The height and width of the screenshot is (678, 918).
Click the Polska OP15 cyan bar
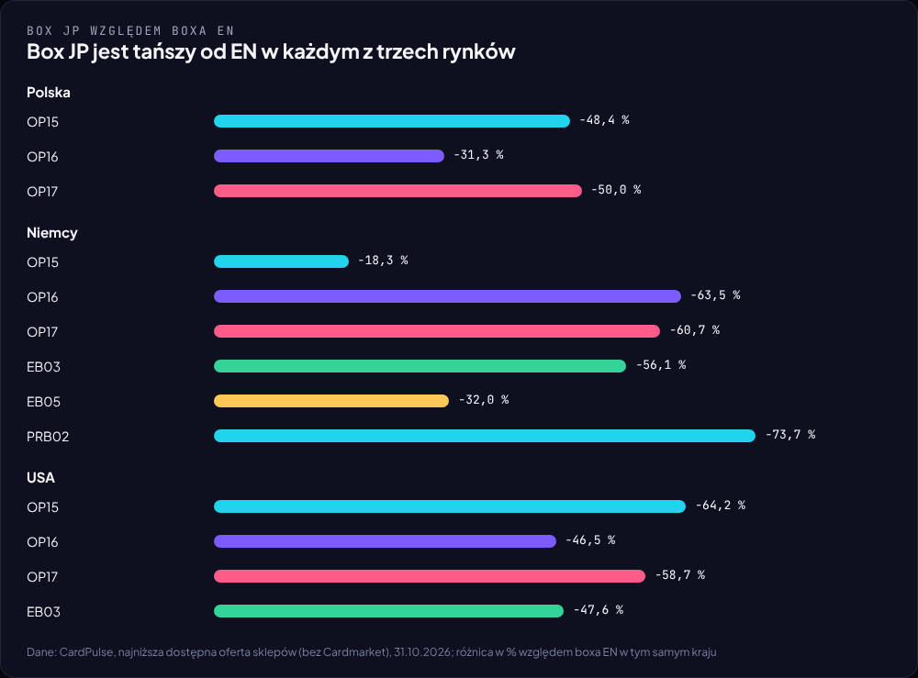coord(392,121)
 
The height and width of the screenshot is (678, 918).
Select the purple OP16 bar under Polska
coord(329,156)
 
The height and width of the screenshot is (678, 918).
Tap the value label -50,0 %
coord(616,190)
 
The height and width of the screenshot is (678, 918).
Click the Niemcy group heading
coord(52,233)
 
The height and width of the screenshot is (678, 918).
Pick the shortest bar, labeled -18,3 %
coord(281,261)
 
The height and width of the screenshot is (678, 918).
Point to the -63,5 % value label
coord(715,295)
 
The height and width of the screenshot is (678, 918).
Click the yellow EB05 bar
coord(331,401)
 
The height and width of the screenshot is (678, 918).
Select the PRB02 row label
coord(48,437)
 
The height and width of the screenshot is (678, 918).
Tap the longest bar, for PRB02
coord(485,436)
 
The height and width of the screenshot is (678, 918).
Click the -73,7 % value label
coord(790,435)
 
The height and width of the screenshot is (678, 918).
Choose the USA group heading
coord(40,478)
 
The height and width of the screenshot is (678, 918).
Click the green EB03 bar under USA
coord(388,611)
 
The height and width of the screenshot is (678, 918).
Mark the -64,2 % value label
coord(720,505)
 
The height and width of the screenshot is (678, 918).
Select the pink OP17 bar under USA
coord(430,576)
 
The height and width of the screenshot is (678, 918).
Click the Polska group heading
coord(49,93)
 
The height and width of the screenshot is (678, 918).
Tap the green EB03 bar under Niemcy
coord(420,366)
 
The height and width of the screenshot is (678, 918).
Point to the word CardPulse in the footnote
coord(86,651)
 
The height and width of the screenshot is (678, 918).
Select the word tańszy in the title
coord(164,51)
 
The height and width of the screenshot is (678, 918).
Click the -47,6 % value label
coord(599,609)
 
